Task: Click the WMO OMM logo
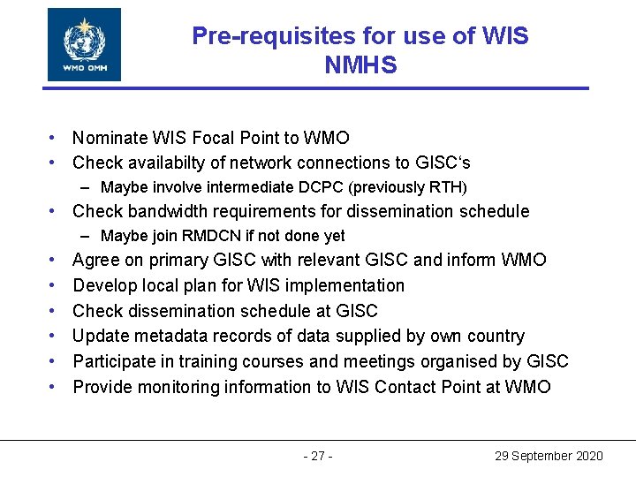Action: pyautogui.click(x=85, y=44)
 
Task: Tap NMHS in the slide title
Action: pyautogui.click(x=360, y=64)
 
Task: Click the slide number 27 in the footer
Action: pyautogui.click(x=318, y=456)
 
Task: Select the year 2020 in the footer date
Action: pyautogui.click(x=588, y=456)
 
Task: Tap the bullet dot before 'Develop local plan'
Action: pyautogui.click(x=54, y=285)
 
